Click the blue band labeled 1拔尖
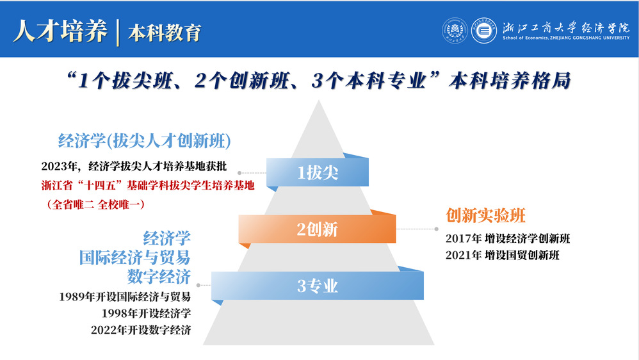[x=318, y=172]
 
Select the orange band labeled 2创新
[x=317, y=229]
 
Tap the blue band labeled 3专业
[x=318, y=286]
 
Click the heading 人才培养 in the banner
[x=60, y=31]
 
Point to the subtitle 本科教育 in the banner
[x=165, y=33]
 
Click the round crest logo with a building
[x=455, y=31]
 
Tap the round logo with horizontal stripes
[x=484, y=31]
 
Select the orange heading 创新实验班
[x=485, y=215]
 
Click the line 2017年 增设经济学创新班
[x=508, y=238]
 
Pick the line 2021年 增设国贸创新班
[x=503, y=255]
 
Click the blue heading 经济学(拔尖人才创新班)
[x=144, y=141]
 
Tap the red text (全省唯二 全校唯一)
[x=96, y=204]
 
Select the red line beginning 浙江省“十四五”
[x=148, y=186]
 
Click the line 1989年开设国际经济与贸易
[x=125, y=297]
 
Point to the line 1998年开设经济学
[x=146, y=313]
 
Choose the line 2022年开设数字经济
[x=141, y=330]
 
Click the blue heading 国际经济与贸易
[x=135, y=258]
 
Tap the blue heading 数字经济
[x=159, y=277]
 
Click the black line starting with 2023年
[x=134, y=167]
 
